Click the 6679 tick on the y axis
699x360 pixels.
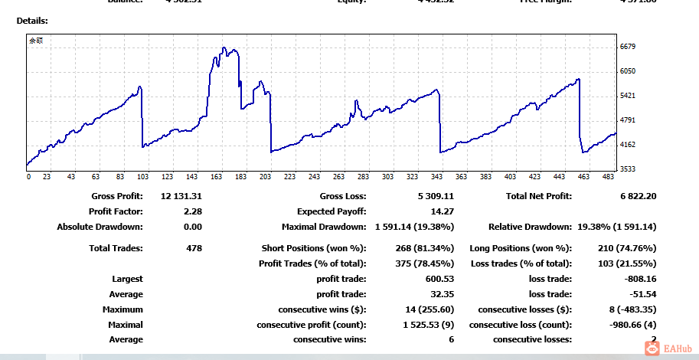point(628,47)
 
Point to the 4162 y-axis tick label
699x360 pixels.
point(628,144)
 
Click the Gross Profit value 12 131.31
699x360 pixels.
point(182,196)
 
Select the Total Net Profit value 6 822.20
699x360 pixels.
point(639,196)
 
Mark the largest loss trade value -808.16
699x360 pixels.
point(638,279)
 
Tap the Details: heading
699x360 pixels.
point(32,20)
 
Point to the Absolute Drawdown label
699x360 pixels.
point(100,227)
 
